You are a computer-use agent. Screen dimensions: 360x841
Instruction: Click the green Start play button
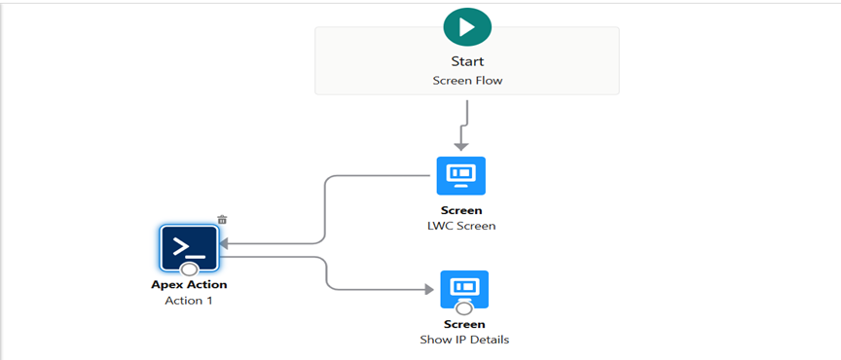[x=467, y=26]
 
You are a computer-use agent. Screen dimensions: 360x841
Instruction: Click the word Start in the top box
[x=467, y=62]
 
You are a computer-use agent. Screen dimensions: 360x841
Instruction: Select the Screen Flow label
[x=467, y=81]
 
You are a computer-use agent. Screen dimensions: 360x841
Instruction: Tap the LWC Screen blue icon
[x=460, y=176]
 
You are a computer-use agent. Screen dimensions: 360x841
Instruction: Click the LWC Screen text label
[x=461, y=226]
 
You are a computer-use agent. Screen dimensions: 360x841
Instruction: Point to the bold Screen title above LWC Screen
[x=461, y=210]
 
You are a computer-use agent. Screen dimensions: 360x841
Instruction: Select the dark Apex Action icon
[x=189, y=248]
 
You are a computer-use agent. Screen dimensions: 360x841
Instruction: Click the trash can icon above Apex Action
[x=222, y=220]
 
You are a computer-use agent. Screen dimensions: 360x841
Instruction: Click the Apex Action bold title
[x=189, y=285]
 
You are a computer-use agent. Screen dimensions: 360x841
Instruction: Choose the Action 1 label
[x=189, y=301]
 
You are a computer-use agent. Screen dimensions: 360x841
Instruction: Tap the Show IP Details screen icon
[x=464, y=288]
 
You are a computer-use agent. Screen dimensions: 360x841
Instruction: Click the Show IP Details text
[x=464, y=340]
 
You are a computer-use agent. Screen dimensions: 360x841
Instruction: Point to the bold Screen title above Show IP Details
[x=464, y=324]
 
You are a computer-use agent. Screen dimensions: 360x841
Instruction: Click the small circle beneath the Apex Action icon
[x=189, y=270]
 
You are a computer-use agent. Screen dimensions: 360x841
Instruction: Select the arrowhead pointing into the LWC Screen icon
[x=461, y=145]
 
